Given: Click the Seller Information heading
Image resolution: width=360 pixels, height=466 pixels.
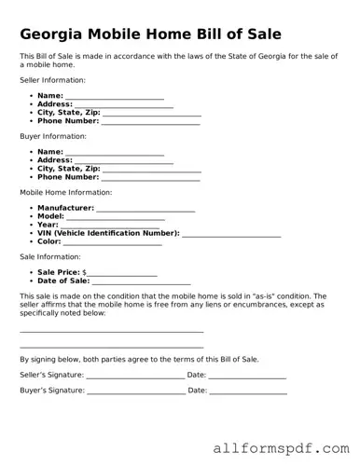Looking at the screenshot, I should [x=52, y=81].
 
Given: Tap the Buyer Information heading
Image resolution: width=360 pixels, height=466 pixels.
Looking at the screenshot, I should [x=51, y=137].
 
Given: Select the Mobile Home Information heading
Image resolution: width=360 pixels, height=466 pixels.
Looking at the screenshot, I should [x=65, y=193].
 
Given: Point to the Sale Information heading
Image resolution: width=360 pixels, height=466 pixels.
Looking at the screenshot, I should [x=49, y=256].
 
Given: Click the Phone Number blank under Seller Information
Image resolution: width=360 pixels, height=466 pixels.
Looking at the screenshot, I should [x=150, y=121].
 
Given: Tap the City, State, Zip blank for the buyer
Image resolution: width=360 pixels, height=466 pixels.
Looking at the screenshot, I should [x=150, y=170].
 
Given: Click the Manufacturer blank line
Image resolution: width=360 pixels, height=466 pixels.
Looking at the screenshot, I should [x=145, y=209].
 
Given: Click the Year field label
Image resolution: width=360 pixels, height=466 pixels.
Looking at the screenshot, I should [x=48, y=225].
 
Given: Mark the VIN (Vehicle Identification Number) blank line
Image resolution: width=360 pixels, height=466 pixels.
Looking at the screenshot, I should [x=231, y=233].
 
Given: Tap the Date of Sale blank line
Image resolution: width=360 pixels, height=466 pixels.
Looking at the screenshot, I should [x=141, y=281].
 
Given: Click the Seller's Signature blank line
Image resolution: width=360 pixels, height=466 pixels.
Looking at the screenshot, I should [x=135, y=376].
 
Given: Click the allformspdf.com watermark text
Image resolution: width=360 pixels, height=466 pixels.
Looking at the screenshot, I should [x=280, y=447].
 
